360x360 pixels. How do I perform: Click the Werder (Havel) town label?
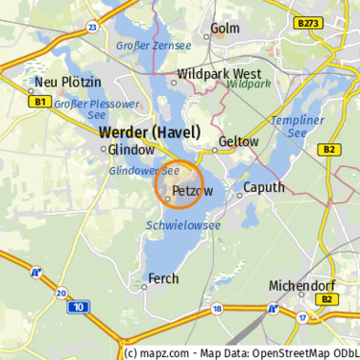pyautogui.click(x=150, y=132)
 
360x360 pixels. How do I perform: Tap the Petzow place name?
pyautogui.click(x=192, y=193)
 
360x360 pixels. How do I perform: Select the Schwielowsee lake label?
pyautogui.click(x=183, y=225)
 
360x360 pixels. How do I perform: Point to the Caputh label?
pyautogui.click(x=264, y=187)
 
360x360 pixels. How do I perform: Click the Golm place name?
pyautogui.click(x=224, y=29)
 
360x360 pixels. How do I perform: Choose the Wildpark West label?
pyautogui.click(x=220, y=73)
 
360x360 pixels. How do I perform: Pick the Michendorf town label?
pyautogui.click(x=304, y=286)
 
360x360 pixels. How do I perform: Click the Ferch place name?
pyautogui.click(x=162, y=279)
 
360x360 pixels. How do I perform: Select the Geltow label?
pyautogui.click(x=239, y=141)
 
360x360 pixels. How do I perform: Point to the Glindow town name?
pyautogui.click(x=132, y=151)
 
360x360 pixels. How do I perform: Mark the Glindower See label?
pyautogui.click(x=145, y=170)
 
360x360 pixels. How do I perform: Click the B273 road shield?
pyautogui.click(x=308, y=21)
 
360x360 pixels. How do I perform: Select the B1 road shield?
pyautogui.click(x=39, y=101)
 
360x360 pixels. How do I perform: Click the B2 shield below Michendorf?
pyautogui.click(x=329, y=300)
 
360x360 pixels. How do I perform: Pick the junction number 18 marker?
pyautogui.click(x=218, y=308)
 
